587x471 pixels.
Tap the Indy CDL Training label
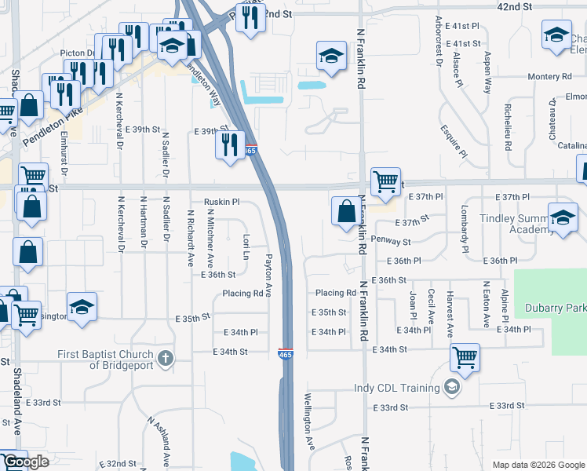click(405, 387)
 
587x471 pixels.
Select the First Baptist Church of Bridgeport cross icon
click(165, 360)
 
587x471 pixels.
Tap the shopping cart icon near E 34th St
click(465, 358)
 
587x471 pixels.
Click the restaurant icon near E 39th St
click(229, 144)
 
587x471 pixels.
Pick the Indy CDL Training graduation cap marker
click(450, 386)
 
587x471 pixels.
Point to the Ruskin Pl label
click(221, 202)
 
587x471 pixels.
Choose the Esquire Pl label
click(454, 139)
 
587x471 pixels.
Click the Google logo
click(26, 462)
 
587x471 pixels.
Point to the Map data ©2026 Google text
click(538, 465)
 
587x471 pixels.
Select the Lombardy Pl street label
click(465, 228)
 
